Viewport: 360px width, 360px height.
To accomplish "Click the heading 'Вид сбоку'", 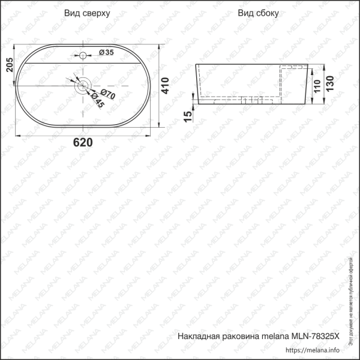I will [x=258, y=13].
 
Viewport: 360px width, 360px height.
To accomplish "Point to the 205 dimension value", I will [x=8, y=65].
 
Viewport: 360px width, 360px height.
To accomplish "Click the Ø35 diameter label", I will [x=105, y=53].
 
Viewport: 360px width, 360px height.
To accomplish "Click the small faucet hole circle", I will [x=83, y=55].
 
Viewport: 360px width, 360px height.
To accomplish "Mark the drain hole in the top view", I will [x=83, y=85].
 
